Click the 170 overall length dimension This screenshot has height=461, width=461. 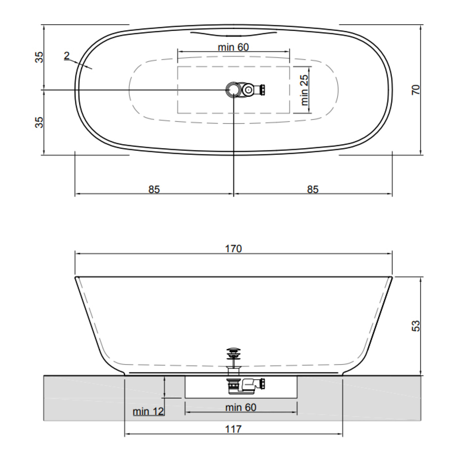tap(234, 249)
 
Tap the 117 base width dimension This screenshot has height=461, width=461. tap(234, 429)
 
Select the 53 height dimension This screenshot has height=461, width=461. tap(416, 326)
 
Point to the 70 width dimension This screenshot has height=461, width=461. tap(416, 90)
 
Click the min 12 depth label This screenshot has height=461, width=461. tap(148, 411)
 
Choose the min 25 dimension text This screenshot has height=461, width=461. tap(304, 90)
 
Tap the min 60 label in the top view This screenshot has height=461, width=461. tap(234, 47)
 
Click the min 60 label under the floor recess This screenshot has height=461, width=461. tap(241, 408)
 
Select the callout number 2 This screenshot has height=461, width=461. tap(67, 56)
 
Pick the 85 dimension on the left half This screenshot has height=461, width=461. tap(154, 189)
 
